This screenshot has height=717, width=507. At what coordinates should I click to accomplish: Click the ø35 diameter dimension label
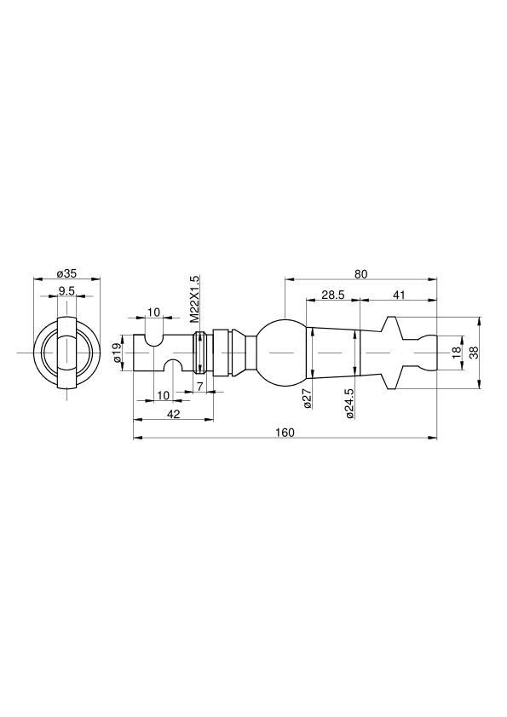[x=66, y=274]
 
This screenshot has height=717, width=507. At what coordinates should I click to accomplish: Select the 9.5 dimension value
[x=66, y=291]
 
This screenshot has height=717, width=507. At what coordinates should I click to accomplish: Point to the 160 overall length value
[x=285, y=432]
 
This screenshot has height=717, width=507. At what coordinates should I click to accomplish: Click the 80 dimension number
[x=360, y=274]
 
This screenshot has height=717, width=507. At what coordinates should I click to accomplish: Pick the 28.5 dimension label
[x=332, y=295]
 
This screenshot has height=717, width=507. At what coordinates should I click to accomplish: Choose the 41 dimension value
[x=399, y=295]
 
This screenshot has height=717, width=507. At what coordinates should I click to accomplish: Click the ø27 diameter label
[x=308, y=398]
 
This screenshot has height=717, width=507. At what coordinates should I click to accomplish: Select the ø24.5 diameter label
[x=350, y=404]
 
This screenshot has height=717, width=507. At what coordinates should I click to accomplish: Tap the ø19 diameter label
[x=118, y=353]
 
